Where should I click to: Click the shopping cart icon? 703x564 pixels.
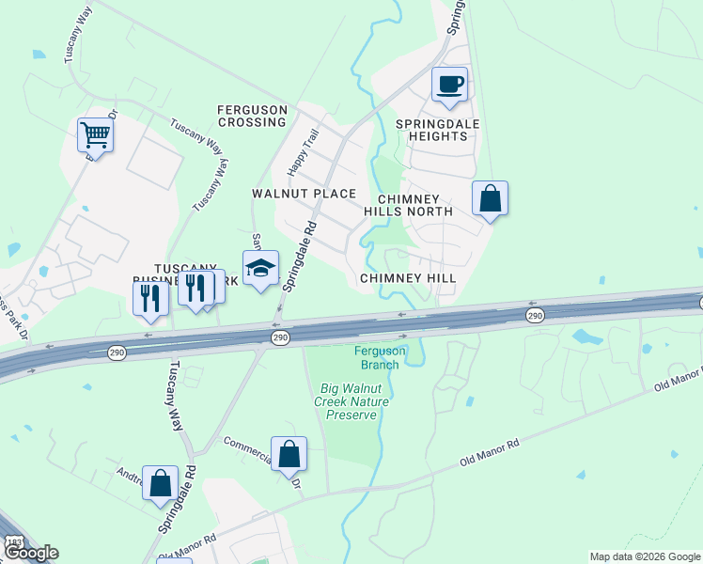95,136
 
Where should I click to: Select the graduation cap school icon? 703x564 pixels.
261,269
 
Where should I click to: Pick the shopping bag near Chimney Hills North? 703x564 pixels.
490,199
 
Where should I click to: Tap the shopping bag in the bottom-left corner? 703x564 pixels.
161,484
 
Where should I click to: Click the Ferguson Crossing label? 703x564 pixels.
252,116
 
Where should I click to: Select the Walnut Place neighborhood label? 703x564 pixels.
304,194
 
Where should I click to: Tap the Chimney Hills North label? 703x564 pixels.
414,206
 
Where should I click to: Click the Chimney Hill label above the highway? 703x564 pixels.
408,279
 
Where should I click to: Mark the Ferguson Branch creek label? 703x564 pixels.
380,357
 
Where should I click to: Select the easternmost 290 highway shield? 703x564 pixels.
535,316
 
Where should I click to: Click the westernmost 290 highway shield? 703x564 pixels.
117,352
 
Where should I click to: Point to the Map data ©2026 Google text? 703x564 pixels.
644,556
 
